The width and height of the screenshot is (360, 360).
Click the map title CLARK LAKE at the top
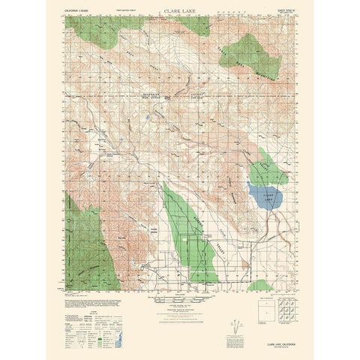179,13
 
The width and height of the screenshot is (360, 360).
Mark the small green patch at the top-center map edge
196,25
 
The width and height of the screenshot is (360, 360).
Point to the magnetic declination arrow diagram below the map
238,325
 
